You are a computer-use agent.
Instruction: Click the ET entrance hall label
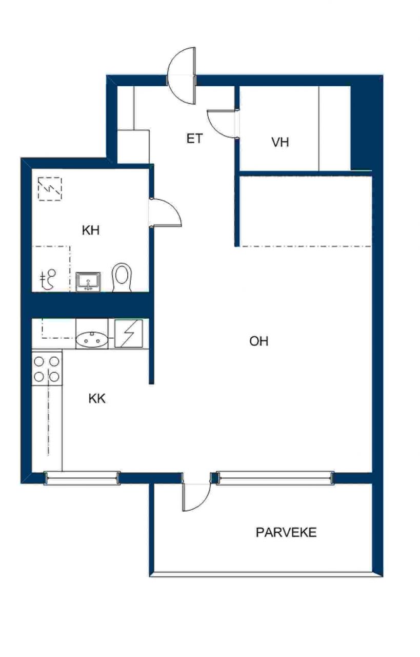click(x=194, y=138)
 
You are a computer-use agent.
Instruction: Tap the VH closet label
click(x=280, y=142)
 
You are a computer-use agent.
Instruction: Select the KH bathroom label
click(x=91, y=230)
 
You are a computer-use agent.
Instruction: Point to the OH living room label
click(x=259, y=341)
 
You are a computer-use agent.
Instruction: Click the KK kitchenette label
click(x=97, y=399)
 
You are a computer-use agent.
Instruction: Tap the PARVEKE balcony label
click(x=286, y=532)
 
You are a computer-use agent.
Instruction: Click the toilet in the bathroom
click(x=122, y=278)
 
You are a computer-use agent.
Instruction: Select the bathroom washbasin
click(x=88, y=282)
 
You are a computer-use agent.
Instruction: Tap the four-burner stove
click(x=47, y=369)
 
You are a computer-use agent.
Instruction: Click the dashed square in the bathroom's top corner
click(x=50, y=189)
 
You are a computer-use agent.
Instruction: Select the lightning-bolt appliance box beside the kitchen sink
click(x=128, y=334)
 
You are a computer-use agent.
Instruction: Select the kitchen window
click(x=82, y=478)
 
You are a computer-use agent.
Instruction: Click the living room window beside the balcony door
click(x=275, y=478)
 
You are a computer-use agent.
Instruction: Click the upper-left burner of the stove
click(x=39, y=362)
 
